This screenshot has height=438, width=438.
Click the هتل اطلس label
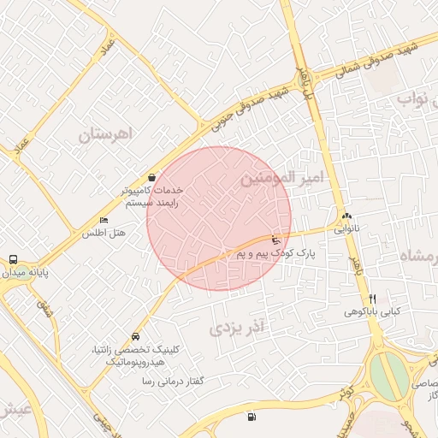pyautogui.click(x=104, y=233)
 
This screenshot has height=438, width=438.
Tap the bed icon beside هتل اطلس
pyautogui.click(x=104, y=220)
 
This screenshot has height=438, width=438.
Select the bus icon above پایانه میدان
pyautogui.click(x=13, y=259)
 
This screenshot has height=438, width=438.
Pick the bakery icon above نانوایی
pyautogui.click(x=346, y=216)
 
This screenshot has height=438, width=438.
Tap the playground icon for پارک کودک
pyautogui.click(x=275, y=240)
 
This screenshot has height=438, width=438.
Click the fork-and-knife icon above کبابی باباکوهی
pyautogui.click(x=372, y=299)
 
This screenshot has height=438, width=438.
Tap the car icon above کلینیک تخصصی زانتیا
pyautogui.click(x=136, y=336)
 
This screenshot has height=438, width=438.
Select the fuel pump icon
pyautogui.click(x=251, y=417)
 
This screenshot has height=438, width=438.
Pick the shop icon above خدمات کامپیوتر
pyautogui.click(x=151, y=175)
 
